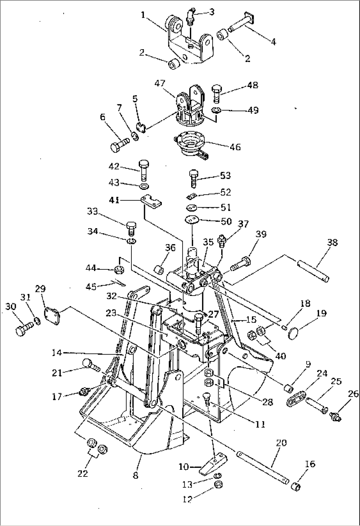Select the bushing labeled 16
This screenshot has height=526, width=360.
296,486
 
